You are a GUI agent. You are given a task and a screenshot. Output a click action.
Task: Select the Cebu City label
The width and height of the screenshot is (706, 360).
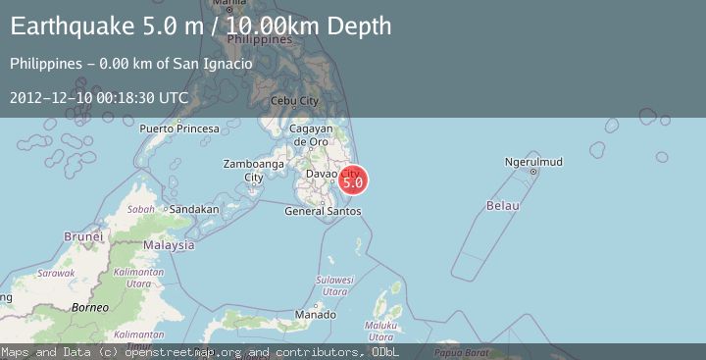295,101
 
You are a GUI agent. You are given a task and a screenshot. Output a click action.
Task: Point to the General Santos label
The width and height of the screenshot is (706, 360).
322,211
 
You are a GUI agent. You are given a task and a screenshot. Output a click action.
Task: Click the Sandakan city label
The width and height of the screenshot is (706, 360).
193,209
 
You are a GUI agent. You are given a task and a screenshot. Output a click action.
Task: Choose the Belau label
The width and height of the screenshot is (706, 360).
501,205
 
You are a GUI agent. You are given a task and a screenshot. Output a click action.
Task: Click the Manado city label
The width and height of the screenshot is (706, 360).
315,315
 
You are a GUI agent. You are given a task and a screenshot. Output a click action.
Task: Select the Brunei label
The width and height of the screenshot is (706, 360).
83,236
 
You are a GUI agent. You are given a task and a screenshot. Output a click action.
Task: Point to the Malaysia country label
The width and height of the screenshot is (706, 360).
169,244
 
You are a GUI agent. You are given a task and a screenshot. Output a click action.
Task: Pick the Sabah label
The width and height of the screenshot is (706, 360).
141,209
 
